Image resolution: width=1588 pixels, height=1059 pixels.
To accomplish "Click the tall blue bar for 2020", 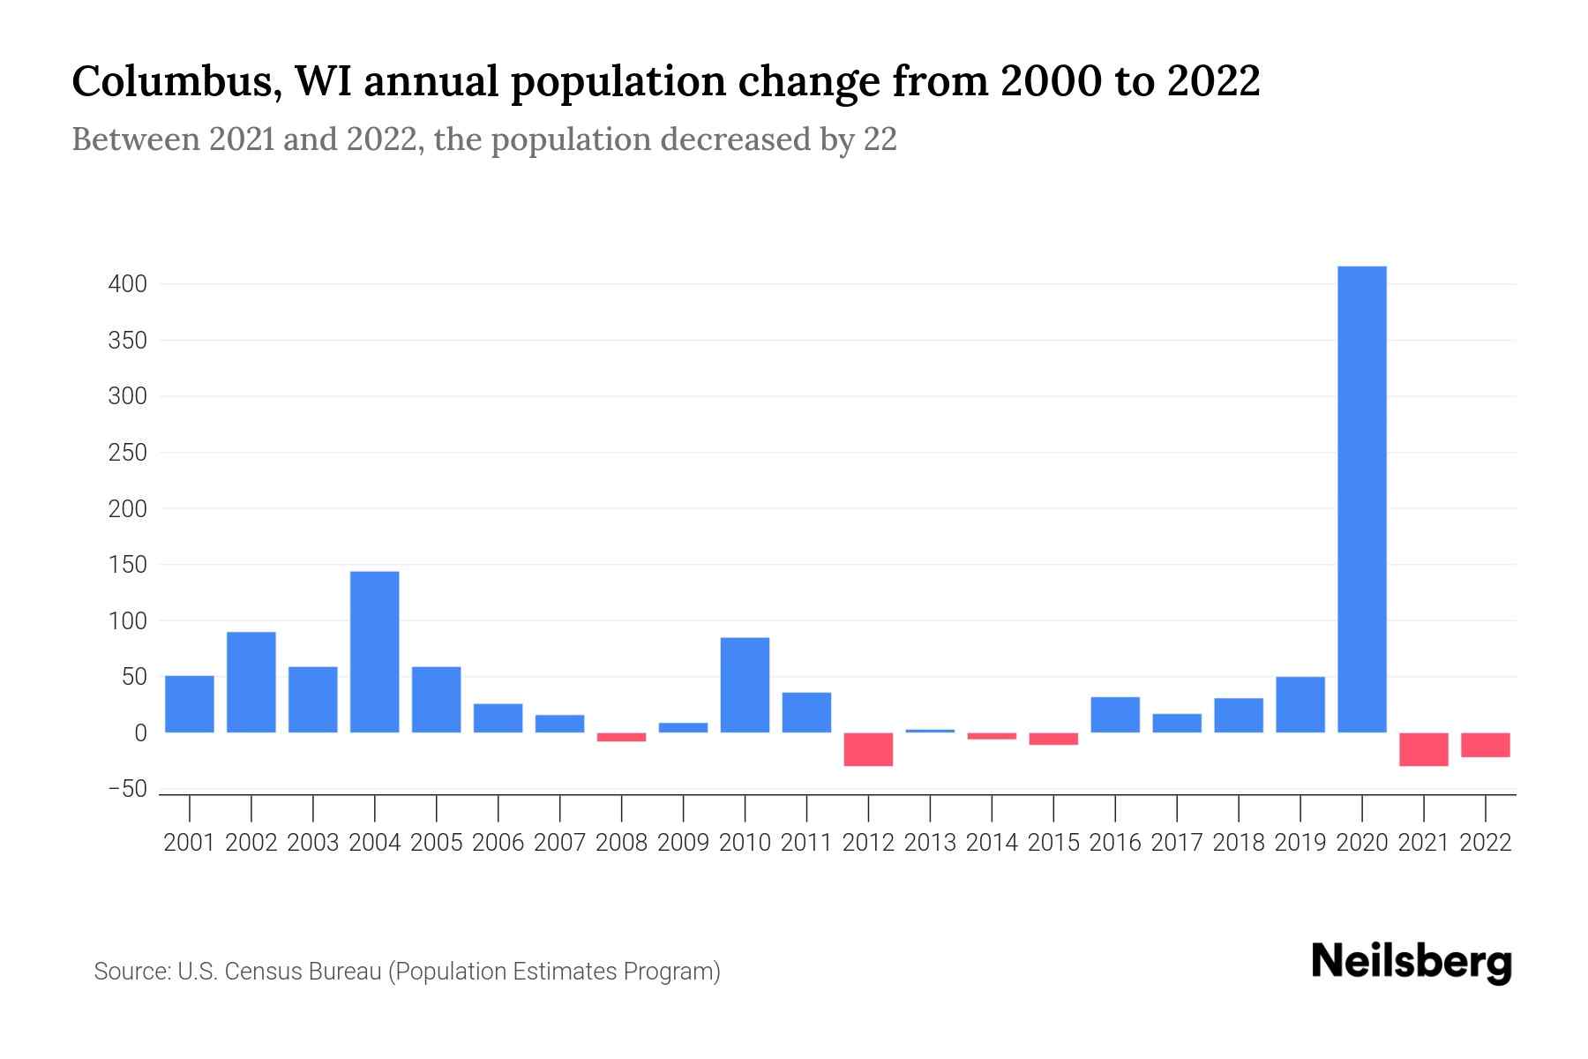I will pyautogui.click(x=1361, y=499).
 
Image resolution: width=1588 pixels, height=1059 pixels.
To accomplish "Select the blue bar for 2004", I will pyautogui.click(x=374, y=651).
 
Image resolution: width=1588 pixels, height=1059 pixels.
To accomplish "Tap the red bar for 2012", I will pyautogui.click(x=868, y=749).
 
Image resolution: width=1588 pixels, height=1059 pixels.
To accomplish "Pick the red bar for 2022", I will pyautogui.click(x=1485, y=745).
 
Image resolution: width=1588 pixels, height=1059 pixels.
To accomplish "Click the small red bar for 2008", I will pyautogui.click(x=621, y=737).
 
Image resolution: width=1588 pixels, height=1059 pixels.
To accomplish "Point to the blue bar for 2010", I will pyautogui.click(x=745, y=685).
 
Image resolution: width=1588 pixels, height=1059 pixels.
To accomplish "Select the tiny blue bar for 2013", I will pyautogui.click(x=930, y=731).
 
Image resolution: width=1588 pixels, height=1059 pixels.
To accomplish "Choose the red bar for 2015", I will pyautogui.click(x=1053, y=739).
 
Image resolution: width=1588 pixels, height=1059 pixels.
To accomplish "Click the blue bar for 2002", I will pyautogui.click(x=251, y=681).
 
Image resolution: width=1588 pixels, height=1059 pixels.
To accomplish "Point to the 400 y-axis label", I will pyautogui.click(x=127, y=284).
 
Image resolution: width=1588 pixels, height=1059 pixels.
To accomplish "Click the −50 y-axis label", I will pyautogui.click(x=127, y=789).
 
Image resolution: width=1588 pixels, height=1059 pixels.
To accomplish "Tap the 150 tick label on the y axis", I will pyautogui.click(x=127, y=565).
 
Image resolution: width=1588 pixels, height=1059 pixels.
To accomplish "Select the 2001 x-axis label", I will pyautogui.click(x=190, y=843).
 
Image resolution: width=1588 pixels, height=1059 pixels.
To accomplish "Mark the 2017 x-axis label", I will pyautogui.click(x=1177, y=843).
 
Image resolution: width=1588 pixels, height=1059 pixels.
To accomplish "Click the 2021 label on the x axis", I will pyautogui.click(x=1423, y=843).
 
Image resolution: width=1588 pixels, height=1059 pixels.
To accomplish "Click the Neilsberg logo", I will pyautogui.click(x=1412, y=962).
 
